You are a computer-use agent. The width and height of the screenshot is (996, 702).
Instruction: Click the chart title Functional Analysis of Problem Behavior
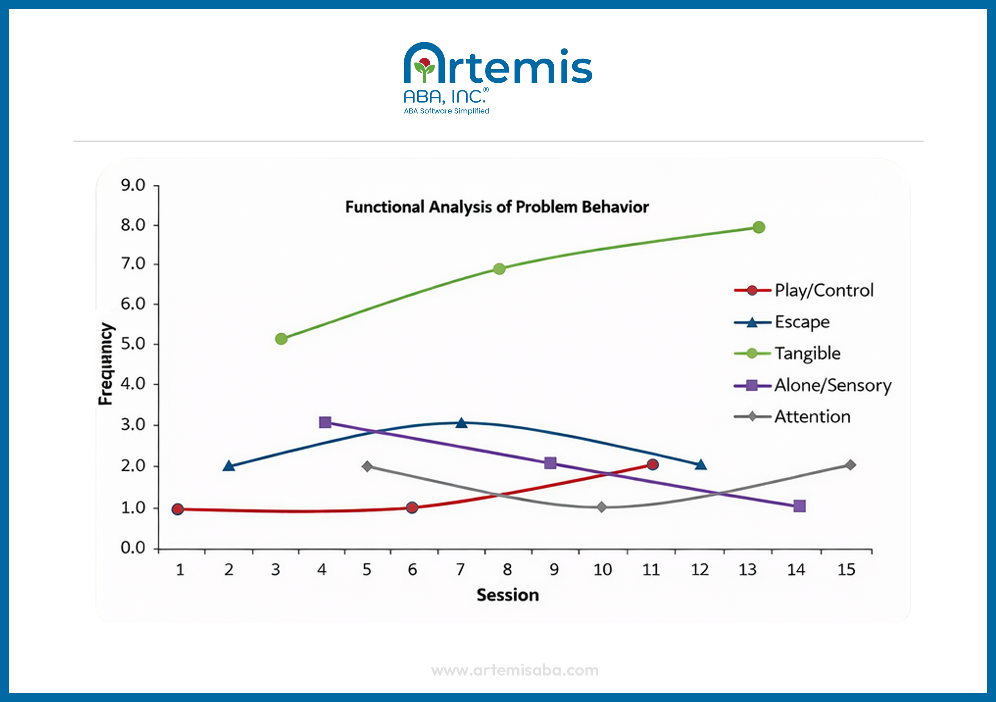tap(497, 207)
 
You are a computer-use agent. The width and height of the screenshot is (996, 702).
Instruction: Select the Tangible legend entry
tap(807, 353)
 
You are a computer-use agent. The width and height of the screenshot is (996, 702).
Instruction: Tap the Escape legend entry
tap(802, 322)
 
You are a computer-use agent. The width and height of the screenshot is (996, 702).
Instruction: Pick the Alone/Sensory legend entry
tap(832, 385)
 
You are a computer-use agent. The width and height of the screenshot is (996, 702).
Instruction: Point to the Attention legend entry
tap(812, 416)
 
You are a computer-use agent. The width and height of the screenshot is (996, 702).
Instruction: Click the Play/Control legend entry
tap(823, 290)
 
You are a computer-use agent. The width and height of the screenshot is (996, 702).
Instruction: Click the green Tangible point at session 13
tap(759, 227)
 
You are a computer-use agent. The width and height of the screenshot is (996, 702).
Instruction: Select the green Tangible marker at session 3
tap(281, 339)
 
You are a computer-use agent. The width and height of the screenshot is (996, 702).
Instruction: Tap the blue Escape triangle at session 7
tap(461, 423)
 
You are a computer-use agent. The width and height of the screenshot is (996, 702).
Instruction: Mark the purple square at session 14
tap(800, 506)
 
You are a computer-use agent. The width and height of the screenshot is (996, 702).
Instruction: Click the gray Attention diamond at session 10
tap(601, 507)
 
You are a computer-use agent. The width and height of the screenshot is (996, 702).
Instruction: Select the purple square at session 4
tap(325, 422)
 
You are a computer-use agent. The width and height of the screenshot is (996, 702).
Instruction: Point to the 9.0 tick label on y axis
tap(133, 185)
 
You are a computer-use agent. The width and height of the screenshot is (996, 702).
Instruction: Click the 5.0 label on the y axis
tap(133, 344)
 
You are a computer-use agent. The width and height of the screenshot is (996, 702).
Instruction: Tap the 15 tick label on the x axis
tap(846, 569)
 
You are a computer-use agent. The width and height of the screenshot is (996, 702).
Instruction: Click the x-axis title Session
tap(508, 595)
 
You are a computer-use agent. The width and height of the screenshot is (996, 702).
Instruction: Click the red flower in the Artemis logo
tap(425, 63)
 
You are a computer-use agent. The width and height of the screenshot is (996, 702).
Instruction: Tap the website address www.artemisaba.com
tap(515, 670)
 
